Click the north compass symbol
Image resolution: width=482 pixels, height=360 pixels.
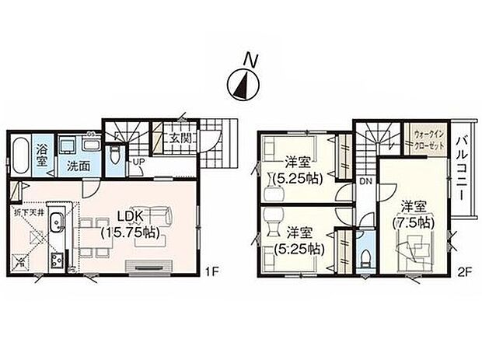point(241,80)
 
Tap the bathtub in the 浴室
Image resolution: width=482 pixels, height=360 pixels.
point(21,156)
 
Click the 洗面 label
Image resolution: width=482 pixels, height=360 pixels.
point(76,166)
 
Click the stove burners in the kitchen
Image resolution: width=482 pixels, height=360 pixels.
point(56,260)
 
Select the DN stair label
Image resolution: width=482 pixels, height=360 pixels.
point(364,182)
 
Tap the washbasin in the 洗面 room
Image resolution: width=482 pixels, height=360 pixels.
point(67,145)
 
